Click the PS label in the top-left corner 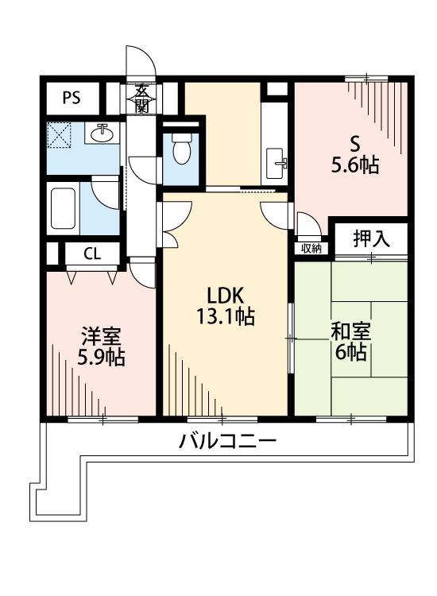(x=72, y=98)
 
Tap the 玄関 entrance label (x=141, y=99)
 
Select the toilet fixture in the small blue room (x=180, y=148)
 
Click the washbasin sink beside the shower (x=102, y=134)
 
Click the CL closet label (x=92, y=254)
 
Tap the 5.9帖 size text (x=99, y=358)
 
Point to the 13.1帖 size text (x=225, y=316)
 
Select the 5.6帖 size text (x=355, y=166)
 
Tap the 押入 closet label (x=370, y=238)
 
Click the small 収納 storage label (x=311, y=248)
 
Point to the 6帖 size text (x=350, y=353)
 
